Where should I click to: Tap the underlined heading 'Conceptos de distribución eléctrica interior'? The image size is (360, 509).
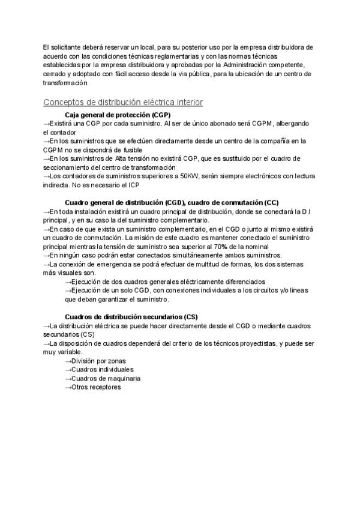click(x=123, y=103)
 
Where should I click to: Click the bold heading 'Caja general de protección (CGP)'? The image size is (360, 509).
click(x=117, y=115)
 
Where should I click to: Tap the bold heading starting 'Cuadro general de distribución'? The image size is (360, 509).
click(x=171, y=203)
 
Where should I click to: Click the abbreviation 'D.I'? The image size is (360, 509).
click(x=306, y=212)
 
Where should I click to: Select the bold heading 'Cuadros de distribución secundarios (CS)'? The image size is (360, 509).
click(x=131, y=317)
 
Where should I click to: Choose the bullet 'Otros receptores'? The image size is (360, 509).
click(x=96, y=388)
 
